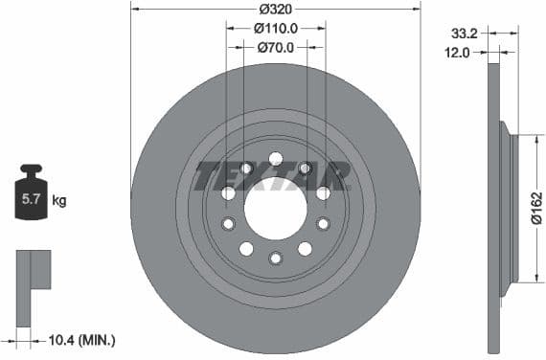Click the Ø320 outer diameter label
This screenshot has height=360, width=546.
pos(275,9)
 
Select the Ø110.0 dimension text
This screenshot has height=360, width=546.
pos(275,28)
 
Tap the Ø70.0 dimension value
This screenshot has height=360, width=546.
pos(275,47)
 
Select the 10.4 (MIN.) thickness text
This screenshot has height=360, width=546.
pos(81,340)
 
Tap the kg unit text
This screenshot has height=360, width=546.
pos(59,201)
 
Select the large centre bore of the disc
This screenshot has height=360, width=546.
pos(275,207)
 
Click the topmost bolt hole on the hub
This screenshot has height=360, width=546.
pos(275,158)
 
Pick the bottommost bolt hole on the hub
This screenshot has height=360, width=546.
pos(275,257)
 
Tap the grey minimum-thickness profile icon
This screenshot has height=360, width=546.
pos(33,269)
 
